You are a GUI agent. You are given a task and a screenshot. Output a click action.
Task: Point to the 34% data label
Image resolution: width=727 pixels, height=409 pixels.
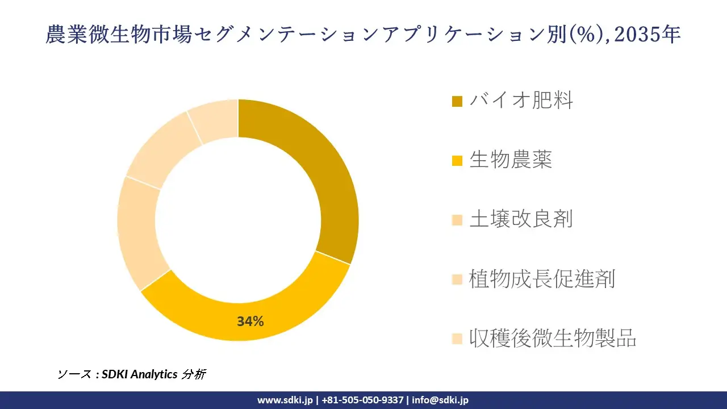coord(250,322)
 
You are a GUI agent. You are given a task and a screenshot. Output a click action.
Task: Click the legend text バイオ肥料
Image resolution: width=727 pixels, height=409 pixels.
coord(521,101)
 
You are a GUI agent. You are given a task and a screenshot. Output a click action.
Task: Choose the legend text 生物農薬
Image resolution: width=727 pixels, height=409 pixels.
coord(511,160)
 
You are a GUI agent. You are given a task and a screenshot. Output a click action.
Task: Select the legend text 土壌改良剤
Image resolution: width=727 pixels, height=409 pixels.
coord(521,219)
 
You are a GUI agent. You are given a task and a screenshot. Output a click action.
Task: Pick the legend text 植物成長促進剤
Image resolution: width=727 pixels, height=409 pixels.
coord(542,279)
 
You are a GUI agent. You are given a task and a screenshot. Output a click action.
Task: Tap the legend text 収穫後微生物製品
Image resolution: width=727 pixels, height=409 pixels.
coord(553,338)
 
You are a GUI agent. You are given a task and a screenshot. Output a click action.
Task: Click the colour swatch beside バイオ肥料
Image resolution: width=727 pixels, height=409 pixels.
coord(457,102)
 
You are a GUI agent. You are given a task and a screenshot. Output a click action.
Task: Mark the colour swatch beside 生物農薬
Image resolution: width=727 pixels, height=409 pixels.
coord(457,161)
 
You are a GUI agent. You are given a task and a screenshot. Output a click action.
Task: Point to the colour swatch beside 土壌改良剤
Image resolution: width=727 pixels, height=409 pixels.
coord(457,220)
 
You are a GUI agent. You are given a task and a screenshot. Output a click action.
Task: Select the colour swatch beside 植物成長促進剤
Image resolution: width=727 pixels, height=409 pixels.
coord(457,279)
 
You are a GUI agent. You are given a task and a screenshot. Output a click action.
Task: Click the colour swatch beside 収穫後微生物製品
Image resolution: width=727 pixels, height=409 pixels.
coord(457,339)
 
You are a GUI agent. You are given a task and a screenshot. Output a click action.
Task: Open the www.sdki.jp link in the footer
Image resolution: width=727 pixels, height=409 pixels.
coord(285,400)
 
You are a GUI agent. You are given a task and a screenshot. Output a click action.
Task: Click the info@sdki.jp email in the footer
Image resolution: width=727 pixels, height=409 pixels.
coord(440,400)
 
